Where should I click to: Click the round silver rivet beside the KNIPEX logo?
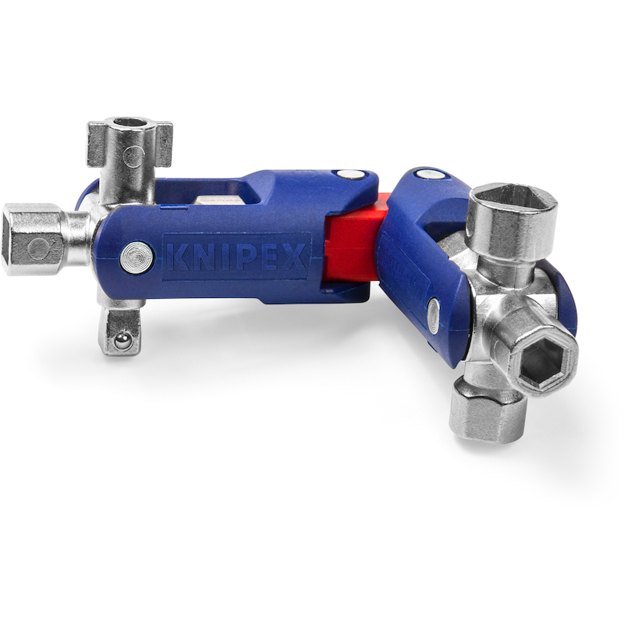click(x=137, y=257)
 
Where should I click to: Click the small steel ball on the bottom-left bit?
click(x=122, y=341)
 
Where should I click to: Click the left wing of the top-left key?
click(x=97, y=144)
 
